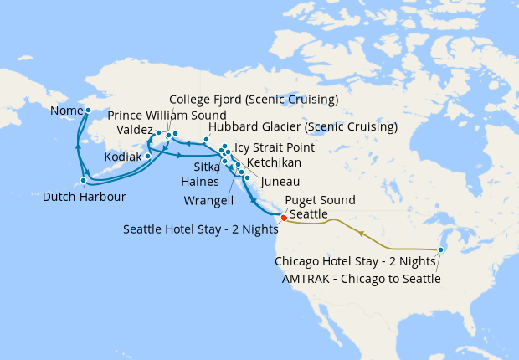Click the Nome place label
pos(66,111)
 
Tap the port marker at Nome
pos(89,110)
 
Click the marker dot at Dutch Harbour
pos(84,180)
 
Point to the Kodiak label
pos(123,157)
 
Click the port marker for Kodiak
pos(148,156)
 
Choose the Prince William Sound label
pos(167,115)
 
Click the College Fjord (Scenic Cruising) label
pos(253,99)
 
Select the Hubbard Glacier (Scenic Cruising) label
pos(302,127)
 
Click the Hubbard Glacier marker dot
pos(206,139)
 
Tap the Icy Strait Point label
pos(275,146)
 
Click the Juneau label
pos(278,181)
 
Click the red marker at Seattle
pos(284,219)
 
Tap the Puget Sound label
pos(320,200)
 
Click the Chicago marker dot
pos(441,249)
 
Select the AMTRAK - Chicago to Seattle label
pos(357,278)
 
